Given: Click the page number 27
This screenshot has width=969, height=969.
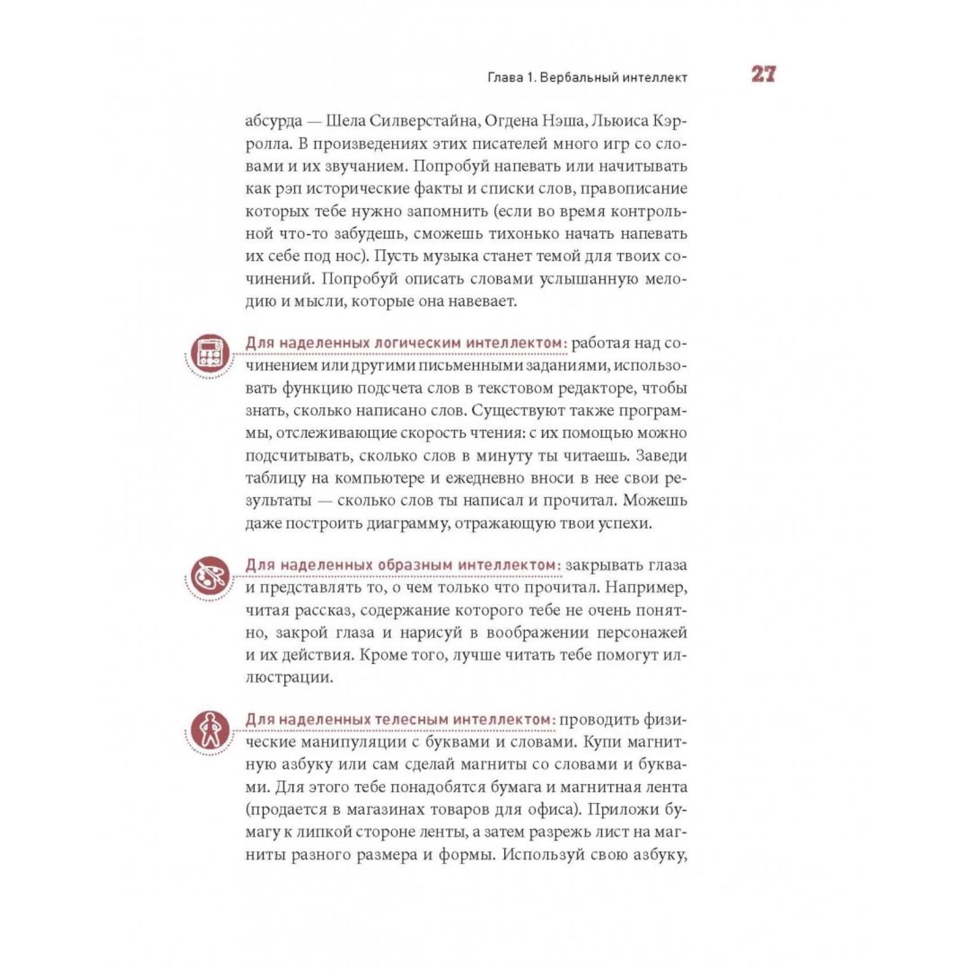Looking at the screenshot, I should point(763,74).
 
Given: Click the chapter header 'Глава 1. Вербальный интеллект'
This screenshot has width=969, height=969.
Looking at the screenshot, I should point(587,78).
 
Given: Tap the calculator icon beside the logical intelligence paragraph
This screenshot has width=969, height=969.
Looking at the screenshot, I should point(210,352).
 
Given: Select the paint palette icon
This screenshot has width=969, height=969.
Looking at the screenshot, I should point(210,575).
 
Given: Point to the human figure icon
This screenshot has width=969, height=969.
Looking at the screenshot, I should point(210,729).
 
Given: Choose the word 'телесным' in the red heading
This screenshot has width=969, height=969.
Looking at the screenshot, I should point(411,719).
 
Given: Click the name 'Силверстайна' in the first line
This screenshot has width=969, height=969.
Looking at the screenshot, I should point(423,121).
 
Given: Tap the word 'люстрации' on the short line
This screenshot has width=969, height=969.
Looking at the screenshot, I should point(289,678).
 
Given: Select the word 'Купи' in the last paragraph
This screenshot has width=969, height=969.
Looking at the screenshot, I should point(601,742).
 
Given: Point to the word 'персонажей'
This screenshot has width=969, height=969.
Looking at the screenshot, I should point(642,633).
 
